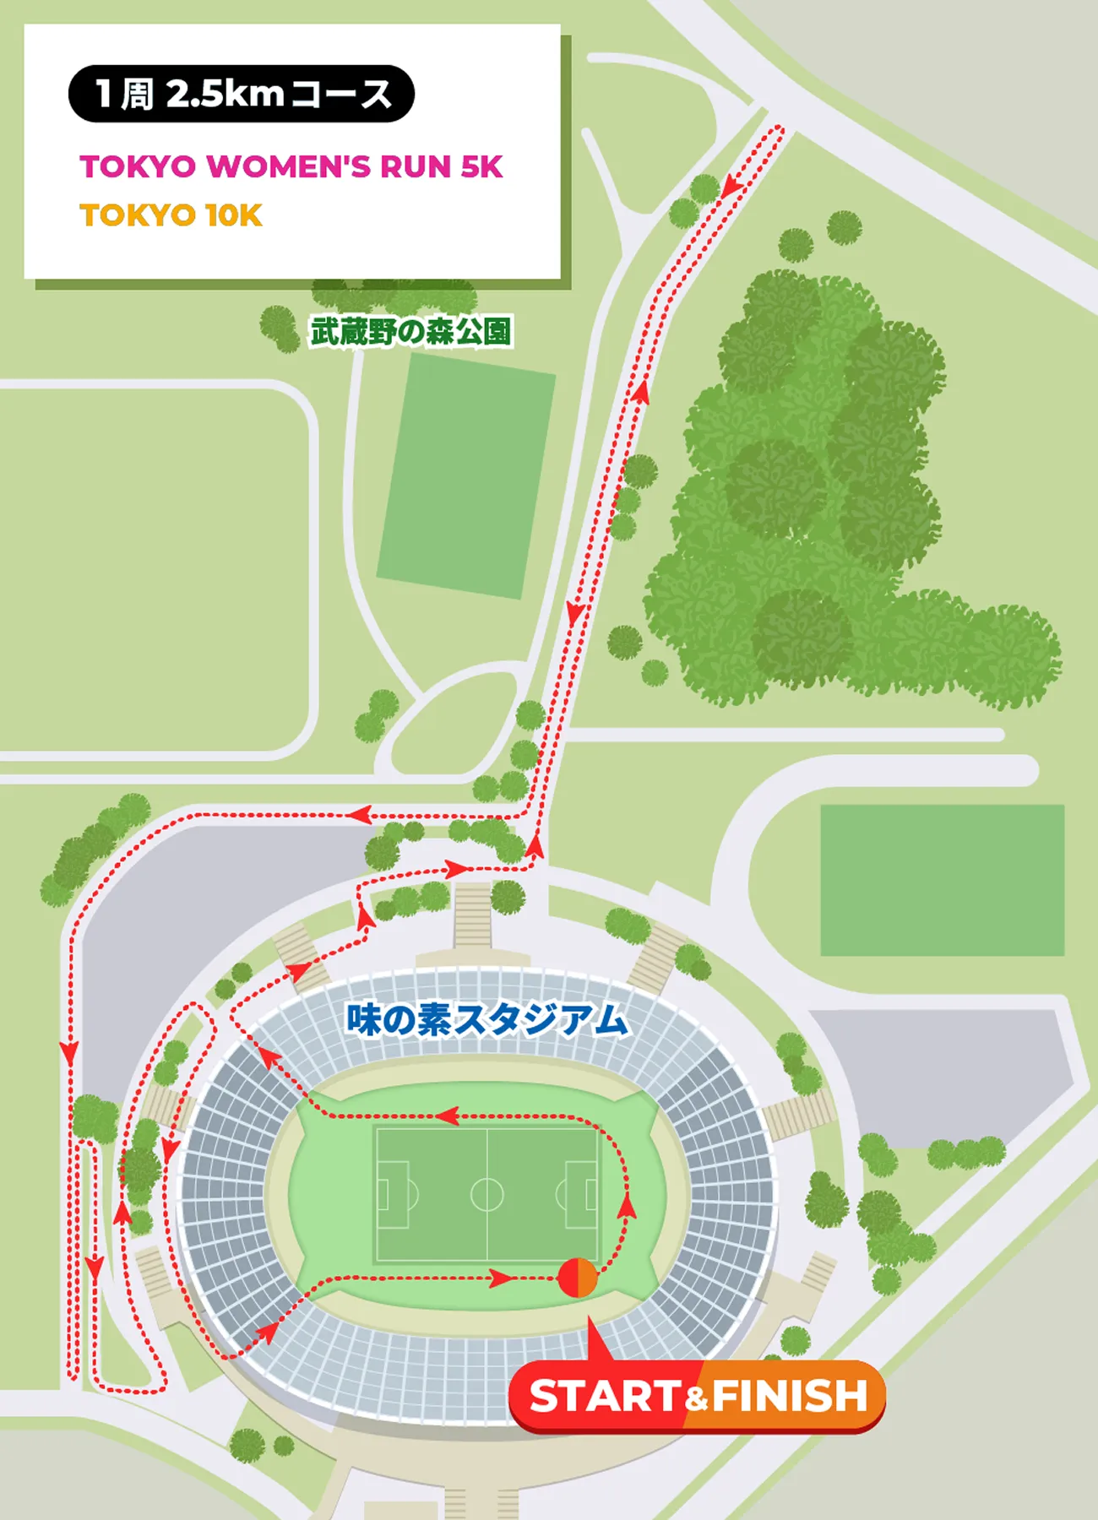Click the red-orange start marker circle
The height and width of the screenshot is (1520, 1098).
tap(578, 1278)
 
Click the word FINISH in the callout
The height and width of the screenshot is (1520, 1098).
tap(790, 1396)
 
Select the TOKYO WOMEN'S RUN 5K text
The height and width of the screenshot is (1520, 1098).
tap(291, 166)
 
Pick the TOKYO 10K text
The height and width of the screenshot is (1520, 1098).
tap(171, 215)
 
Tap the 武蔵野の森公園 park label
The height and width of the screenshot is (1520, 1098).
tap(410, 331)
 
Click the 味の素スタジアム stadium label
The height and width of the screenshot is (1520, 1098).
tap(487, 1020)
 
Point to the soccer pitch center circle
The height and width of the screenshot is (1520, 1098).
tap(486, 1195)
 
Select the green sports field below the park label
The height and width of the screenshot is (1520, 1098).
tap(466, 475)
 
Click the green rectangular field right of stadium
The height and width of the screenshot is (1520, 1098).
tap(942, 880)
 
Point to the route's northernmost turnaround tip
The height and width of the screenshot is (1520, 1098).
tap(780, 128)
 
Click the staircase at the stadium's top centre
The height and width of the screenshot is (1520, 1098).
tap(473, 915)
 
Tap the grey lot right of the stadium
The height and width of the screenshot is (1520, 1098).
tap(938, 1072)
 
